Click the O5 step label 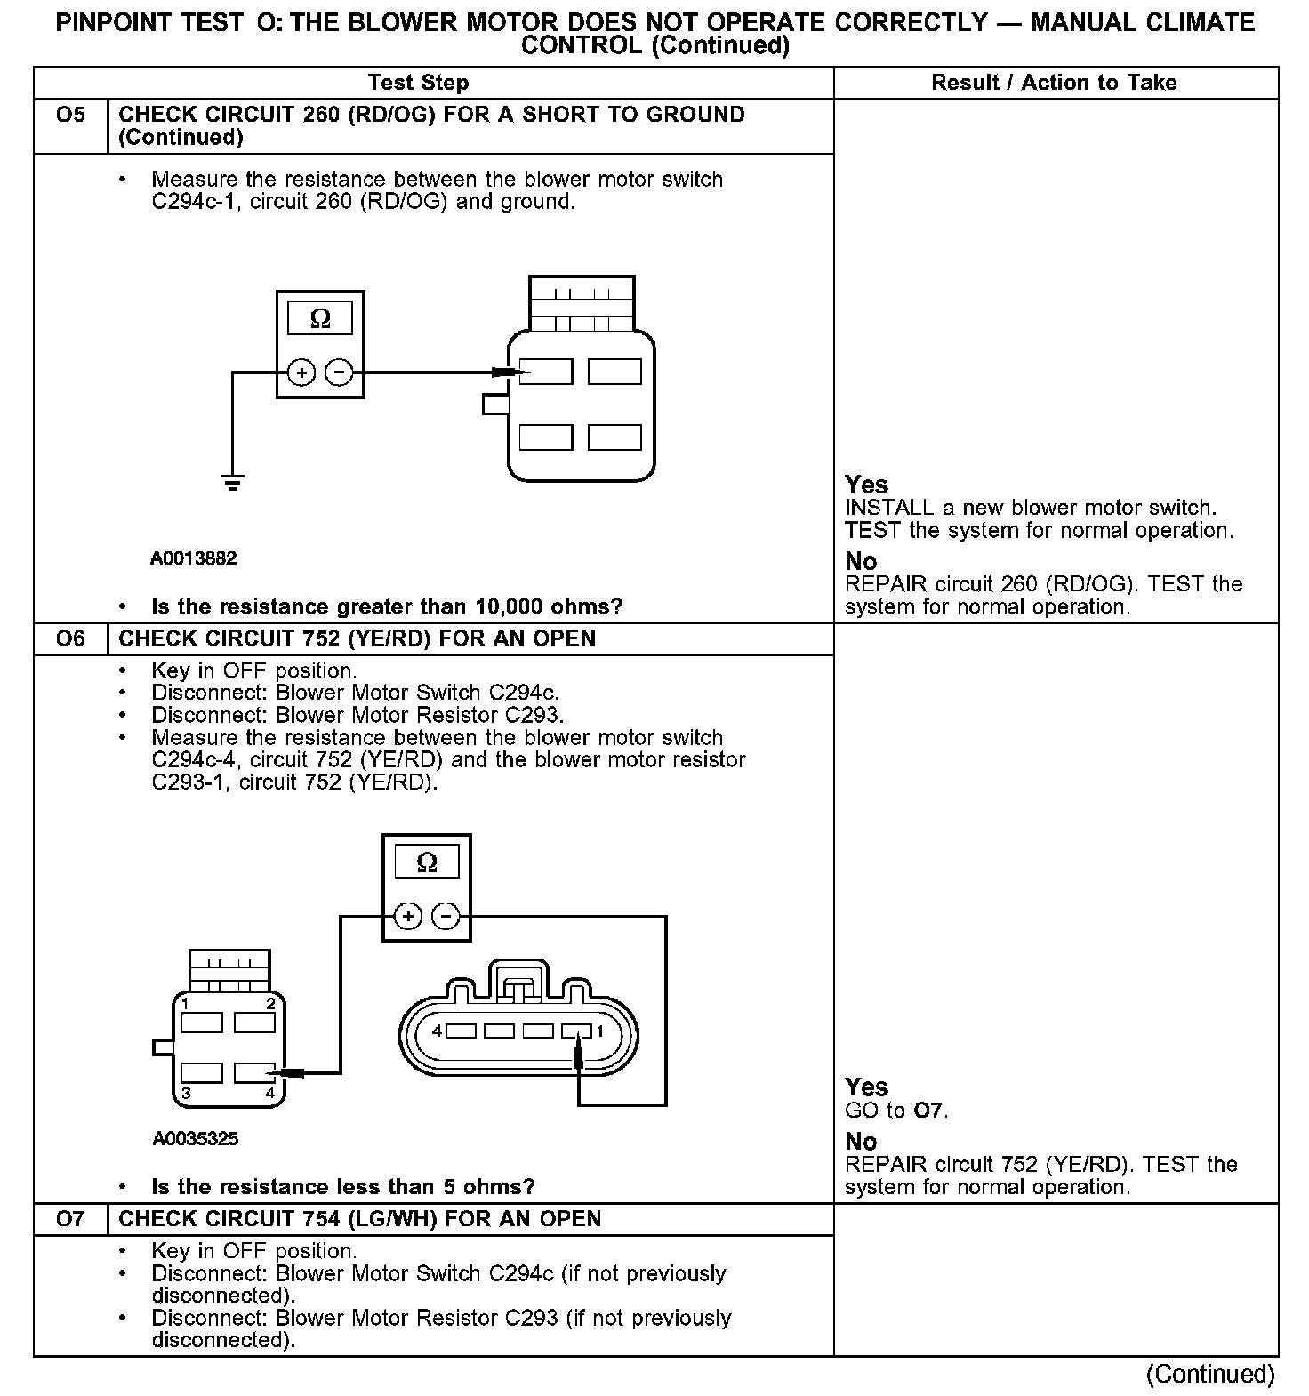click(x=69, y=116)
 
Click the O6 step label click(x=69, y=639)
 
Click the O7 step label click(x=69, y=1219)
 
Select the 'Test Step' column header click(x=418, y=83)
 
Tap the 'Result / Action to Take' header click(x=1054, y=83)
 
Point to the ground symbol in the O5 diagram click(x=233, y=484)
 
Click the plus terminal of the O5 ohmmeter click(x=301, y=373)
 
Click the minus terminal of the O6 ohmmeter click(x=446, y=916)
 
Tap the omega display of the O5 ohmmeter click(x=320, y=318)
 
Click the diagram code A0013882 click(x=193, y=558)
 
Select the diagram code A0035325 click(x=195, y=1138)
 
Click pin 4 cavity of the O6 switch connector click(x=254, y=1073)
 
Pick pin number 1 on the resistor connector click(x=600, y=1031)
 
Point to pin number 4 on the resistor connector click(x=437, y=1031)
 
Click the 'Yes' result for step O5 click(x=866, y=485)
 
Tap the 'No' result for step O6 click(x=861, y=1142)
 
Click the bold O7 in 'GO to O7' click(x=928, y=1111)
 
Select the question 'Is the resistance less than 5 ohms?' click(x=342, y=1187)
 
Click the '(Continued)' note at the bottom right click(x=1210, y=1374)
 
